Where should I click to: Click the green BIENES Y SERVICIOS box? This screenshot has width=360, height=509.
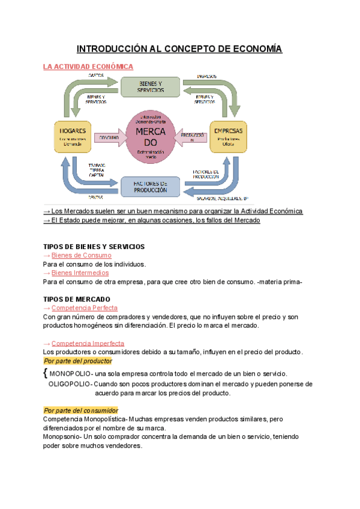tap(150, 86)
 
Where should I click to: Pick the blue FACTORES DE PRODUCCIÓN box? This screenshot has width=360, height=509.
tap(150, 186)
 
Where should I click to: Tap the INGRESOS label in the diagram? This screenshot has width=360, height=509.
tap(207, 76)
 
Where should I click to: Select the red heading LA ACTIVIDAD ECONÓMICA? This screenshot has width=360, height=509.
tap(88, 67)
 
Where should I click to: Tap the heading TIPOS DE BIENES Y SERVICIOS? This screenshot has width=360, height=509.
tap(94, 247)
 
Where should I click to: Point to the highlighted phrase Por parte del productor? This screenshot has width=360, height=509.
tap(78, 361)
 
